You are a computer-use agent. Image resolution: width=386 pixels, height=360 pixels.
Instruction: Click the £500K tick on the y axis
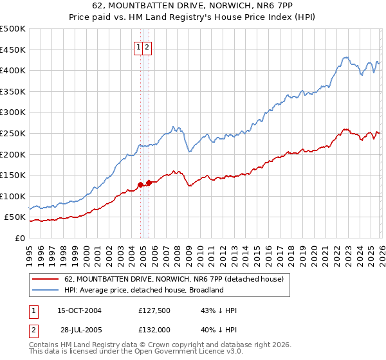click(x=13, y=29)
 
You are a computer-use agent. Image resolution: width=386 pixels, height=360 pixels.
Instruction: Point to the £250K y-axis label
click(x=13, y=133)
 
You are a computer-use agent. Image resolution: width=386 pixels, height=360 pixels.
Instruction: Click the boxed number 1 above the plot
click(x=138, y=47)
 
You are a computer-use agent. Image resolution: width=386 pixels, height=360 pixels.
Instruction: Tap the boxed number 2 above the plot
click(x=147, y=47)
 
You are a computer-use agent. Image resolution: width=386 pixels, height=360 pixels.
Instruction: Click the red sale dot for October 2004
click(x=140, y=184)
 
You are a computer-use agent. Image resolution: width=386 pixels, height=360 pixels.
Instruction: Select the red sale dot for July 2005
click(x=149, y=183)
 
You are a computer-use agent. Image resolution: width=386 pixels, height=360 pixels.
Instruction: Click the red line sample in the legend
click(x=45, y=279)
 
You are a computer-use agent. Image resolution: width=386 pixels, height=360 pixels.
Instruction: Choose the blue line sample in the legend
click(x=45, y=290)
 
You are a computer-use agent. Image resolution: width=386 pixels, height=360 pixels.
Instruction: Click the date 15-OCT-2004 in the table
click(x=79, y=310)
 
